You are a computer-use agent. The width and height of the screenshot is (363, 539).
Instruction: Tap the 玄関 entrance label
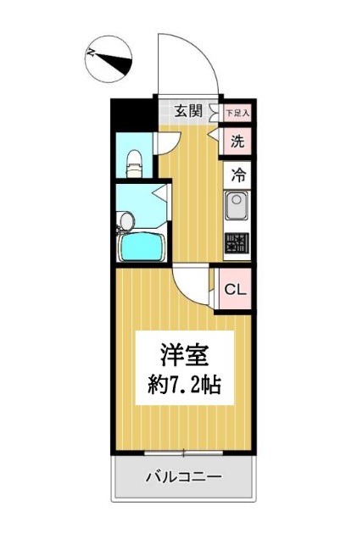[188, 110]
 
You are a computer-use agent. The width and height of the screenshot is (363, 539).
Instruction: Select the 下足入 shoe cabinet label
[237, 111]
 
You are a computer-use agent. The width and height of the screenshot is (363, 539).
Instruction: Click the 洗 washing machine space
[237, 142]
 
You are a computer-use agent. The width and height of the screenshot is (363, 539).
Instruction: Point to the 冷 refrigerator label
[238, 176]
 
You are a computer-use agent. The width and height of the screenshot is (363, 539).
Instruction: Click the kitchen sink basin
[236, 205]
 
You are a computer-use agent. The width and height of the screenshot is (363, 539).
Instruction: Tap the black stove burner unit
[237, 243]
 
